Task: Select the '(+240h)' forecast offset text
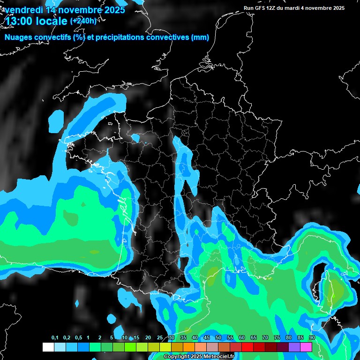(x=83, y=21)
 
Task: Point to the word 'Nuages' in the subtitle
(x=18, y=37)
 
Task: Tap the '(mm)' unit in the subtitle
(x=200, y=37)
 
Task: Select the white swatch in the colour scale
(x=48, y=347)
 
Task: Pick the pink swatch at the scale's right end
(x=306, y=347)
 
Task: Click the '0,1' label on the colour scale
(x=55, y=338)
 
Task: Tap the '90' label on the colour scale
(x=312, y=338)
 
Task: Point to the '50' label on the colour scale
(x=218, y=338)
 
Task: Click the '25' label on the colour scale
(x=160, y=338)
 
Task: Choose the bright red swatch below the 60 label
(x=247, y=347)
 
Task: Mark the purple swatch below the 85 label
(x=294, y=347)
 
